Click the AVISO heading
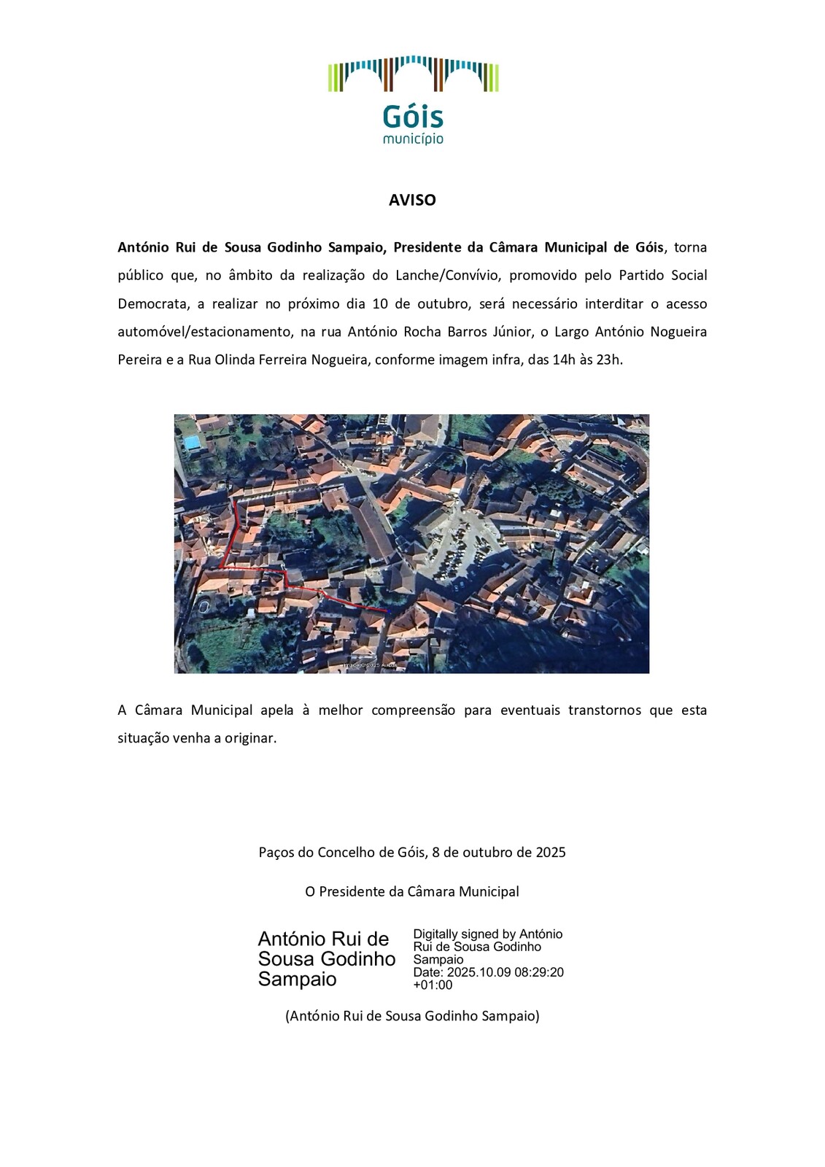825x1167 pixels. (x=412, y=200)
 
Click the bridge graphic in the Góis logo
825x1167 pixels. (x=413, y=74)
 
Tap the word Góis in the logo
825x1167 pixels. (x=413, y=117)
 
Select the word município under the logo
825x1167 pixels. (x=413, y=139)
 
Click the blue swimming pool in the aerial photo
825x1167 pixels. (x=192, y=442)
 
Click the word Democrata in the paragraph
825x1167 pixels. (x=152, y=303)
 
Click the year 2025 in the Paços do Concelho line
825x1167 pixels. (x=551, y=852)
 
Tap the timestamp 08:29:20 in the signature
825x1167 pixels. (x=537, y=972)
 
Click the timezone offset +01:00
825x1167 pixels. (x=433, y=985)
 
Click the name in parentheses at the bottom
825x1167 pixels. (x=412, y=1015)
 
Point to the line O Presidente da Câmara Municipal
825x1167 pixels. (x=412, y=891)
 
